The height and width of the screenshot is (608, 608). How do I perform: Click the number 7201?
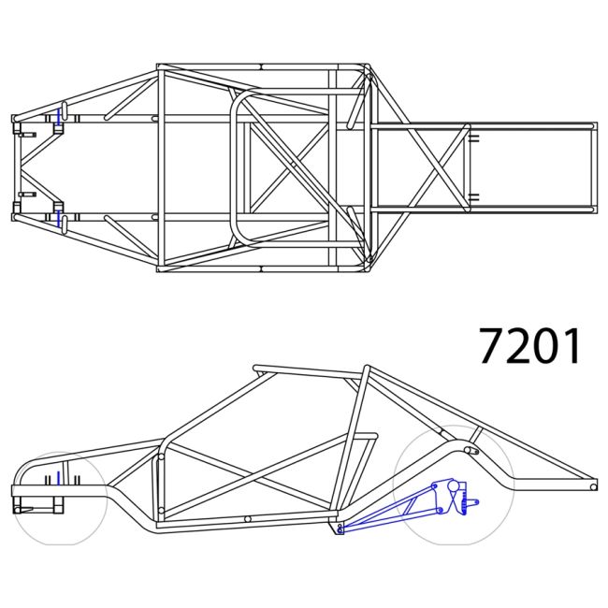[530, 346]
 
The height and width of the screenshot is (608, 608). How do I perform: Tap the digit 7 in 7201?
[493, 346]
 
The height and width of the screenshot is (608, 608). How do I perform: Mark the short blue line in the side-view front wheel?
[59, 479]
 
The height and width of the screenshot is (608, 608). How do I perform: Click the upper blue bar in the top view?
[60, 117]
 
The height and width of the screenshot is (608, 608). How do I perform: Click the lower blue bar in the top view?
[60, 218]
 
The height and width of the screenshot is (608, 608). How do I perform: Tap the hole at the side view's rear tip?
[593, 486]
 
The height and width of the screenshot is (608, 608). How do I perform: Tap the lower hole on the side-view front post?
[160, 511]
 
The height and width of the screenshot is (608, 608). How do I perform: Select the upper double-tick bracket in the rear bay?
[473, 138]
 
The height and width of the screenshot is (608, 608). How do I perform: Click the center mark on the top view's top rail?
[261, 66]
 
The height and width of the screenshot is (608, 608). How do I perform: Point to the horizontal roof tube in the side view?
[309, 369]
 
